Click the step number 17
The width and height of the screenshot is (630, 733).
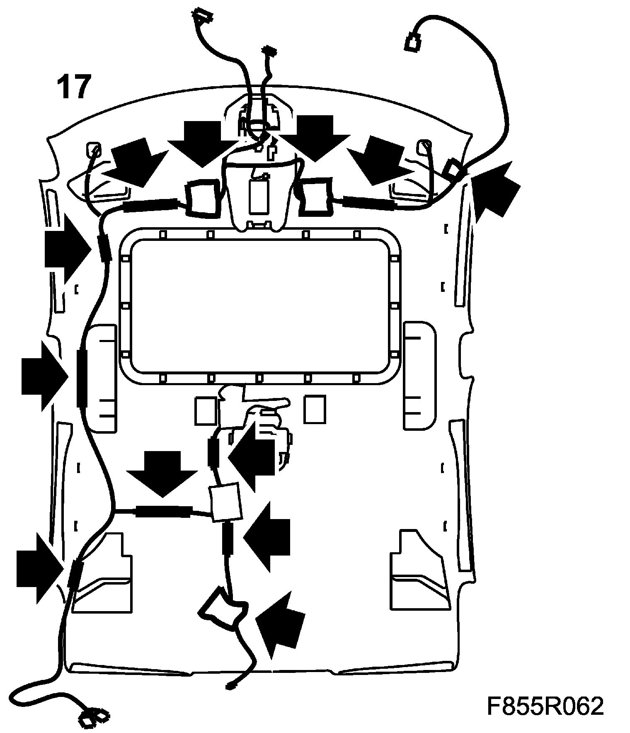coord(73,87)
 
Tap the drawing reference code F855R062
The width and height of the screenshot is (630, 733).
coord(545,706)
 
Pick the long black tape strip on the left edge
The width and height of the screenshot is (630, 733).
coord(81,378)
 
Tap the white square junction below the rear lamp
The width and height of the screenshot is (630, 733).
coord(225,502)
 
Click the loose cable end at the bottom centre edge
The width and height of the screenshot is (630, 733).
coord(230,686)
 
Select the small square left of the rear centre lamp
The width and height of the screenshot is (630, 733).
coord(205,410)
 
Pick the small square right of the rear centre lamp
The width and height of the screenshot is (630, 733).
coord(315,410)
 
